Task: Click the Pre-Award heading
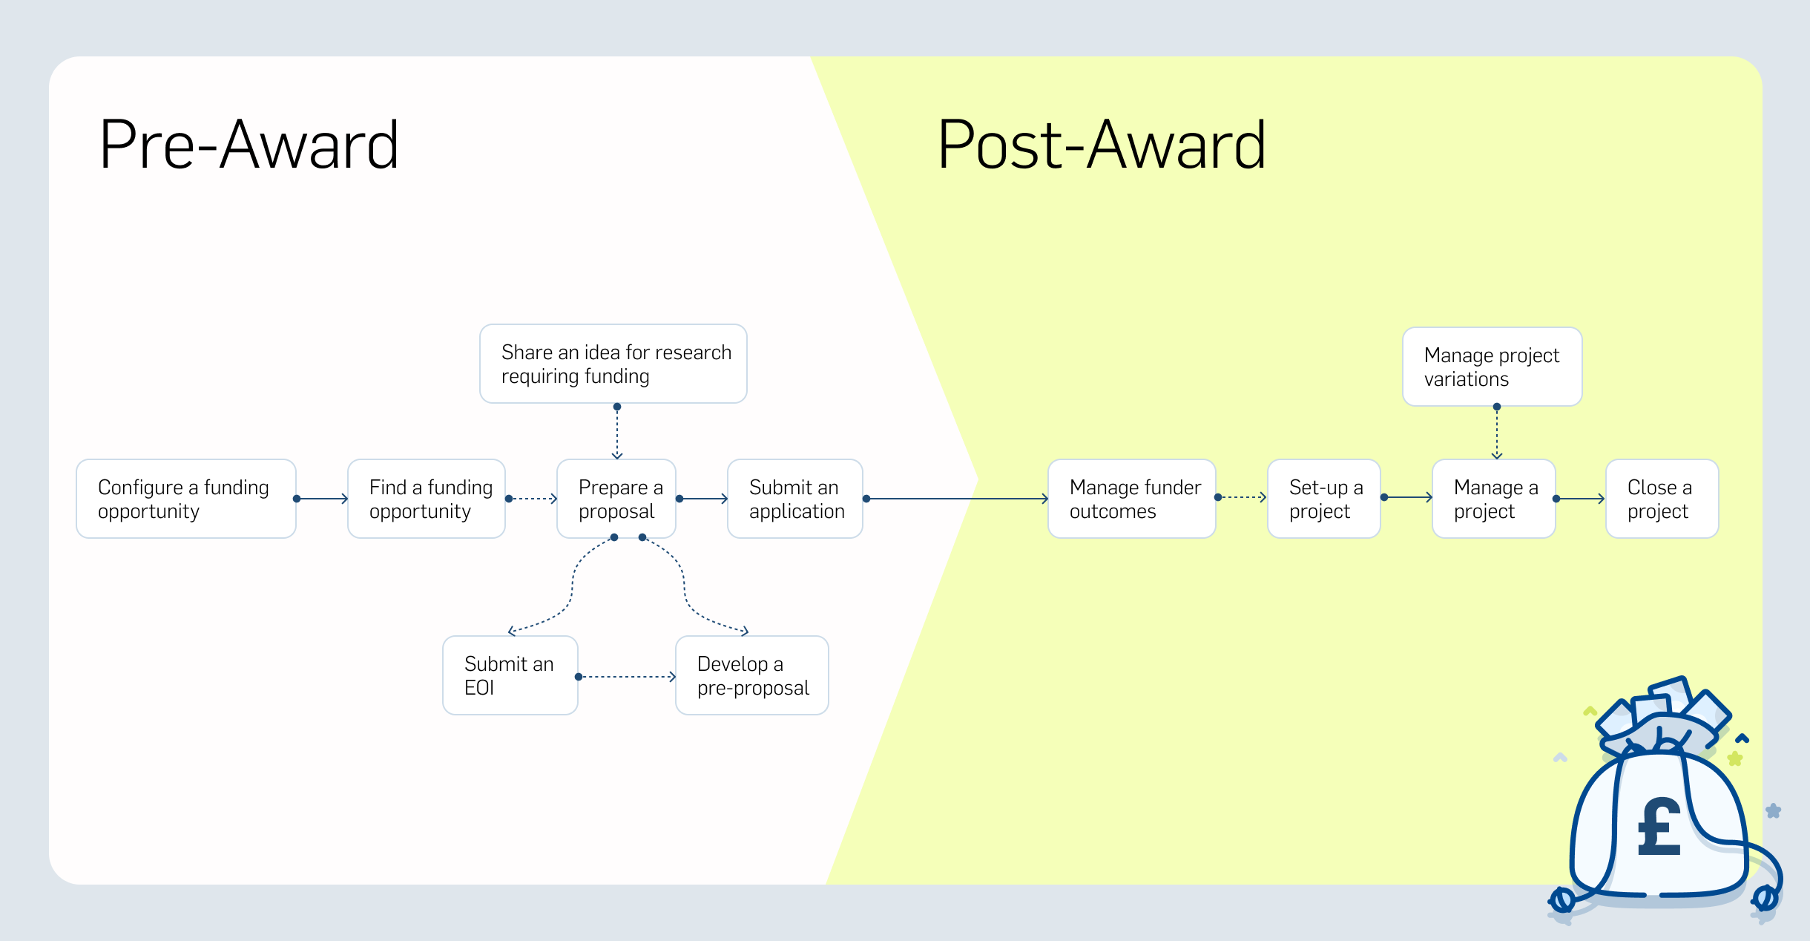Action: coord(249,145)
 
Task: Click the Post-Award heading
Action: coord(1102,145)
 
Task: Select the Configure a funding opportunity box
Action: coord(186,499)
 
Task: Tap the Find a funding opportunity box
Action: coord(427,499)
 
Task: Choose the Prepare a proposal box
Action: coord(616,499)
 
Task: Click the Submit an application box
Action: coord(795,499)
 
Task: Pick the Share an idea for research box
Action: coord(613,364)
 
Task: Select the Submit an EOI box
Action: coord(510,675)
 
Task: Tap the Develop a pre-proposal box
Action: coord(752,675)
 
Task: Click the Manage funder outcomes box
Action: coord(1132,499)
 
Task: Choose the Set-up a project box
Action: coord(1324,499)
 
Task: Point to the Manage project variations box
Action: coord(1493,367)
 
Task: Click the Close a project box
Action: coord(1662,499)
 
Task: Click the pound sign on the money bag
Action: coord(1659,827)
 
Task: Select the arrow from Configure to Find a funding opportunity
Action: coord(322,499)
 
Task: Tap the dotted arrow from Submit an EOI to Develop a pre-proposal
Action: coord(627,677)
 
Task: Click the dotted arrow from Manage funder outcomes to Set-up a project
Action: coord(1242,497)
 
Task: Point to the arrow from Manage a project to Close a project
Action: coord(1580,499)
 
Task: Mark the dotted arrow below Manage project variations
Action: coord(1497,433)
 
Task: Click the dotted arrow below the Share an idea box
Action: coord(617,433)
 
